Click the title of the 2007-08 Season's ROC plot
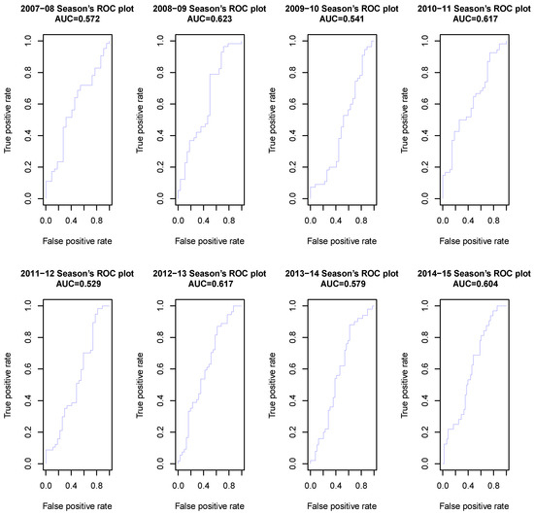click(78, 9)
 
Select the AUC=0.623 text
click(210, 18)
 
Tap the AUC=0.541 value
click(342, 18)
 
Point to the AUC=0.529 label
click(79, 284)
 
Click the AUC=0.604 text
click(475, 284)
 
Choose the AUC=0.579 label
click(343, 284)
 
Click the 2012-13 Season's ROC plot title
click(210, 273)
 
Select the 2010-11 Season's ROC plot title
click(474, 9)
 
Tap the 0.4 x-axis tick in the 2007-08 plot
click(71, 221)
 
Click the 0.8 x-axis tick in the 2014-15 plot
click(493, 485)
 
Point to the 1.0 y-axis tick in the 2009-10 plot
click(292, 41)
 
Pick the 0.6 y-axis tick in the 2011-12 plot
click(28, 369)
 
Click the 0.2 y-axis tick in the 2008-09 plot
click(160, 167)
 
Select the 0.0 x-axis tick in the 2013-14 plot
click(311, 485)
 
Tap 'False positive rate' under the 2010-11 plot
click(474, 241)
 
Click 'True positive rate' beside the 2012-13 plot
click(140, 386)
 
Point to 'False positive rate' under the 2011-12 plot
click(78, 506)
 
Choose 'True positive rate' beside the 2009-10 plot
click(272, 120)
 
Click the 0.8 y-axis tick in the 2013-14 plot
click(292, 337)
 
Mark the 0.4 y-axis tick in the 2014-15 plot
click(424, 400)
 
